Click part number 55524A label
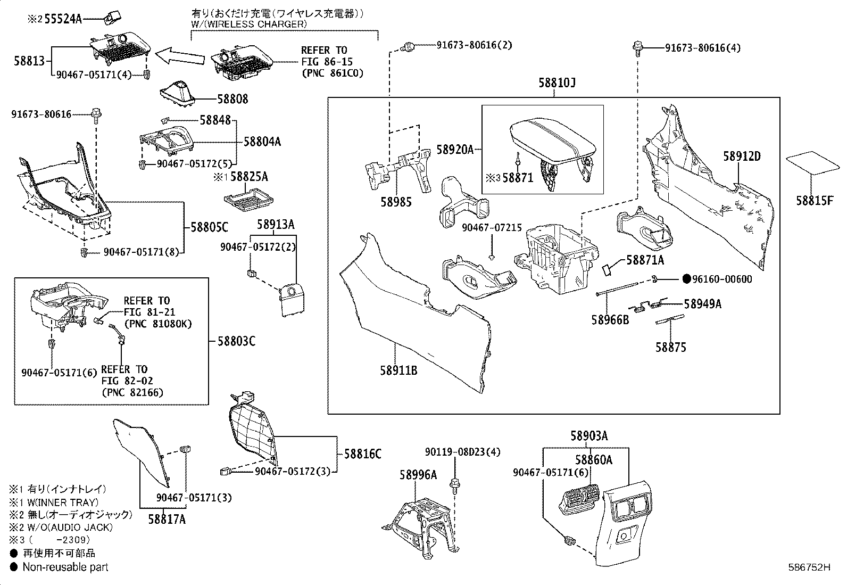63,19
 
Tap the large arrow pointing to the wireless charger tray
180,54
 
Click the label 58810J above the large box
557,84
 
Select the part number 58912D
742,156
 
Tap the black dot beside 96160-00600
686,279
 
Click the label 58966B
610,319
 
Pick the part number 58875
670,348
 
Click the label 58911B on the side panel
398,370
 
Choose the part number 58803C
236,341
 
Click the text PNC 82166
132,393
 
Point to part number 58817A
167,519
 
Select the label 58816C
362,454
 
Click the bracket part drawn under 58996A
423,524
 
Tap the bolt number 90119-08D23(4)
462,452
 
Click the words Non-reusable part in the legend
65,567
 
